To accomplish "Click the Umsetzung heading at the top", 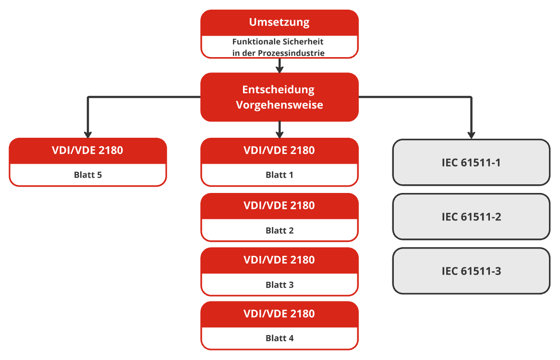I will coord(279,22).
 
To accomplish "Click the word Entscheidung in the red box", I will coord(279,90).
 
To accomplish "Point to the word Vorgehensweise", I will coord(279,105).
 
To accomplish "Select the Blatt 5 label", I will coord(88,175).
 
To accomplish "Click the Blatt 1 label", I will coord(279,175).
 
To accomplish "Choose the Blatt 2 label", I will coord(279,230).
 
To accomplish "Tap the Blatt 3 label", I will coord(279,285).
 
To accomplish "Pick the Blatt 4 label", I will coord(279,338).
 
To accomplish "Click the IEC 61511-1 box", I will coord(471,162).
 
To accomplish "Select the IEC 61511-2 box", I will coord(471,216).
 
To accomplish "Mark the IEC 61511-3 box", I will coord(471,271).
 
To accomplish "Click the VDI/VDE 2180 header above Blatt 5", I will coord(87,150).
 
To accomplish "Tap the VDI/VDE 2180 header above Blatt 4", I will coord(279,313).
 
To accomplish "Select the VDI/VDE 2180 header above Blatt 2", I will coord(279,205).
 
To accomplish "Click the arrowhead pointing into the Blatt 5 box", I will coord(88,134).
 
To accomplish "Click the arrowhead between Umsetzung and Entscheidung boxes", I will coord(280,69).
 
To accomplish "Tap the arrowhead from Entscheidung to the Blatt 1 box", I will coord(280,134).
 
